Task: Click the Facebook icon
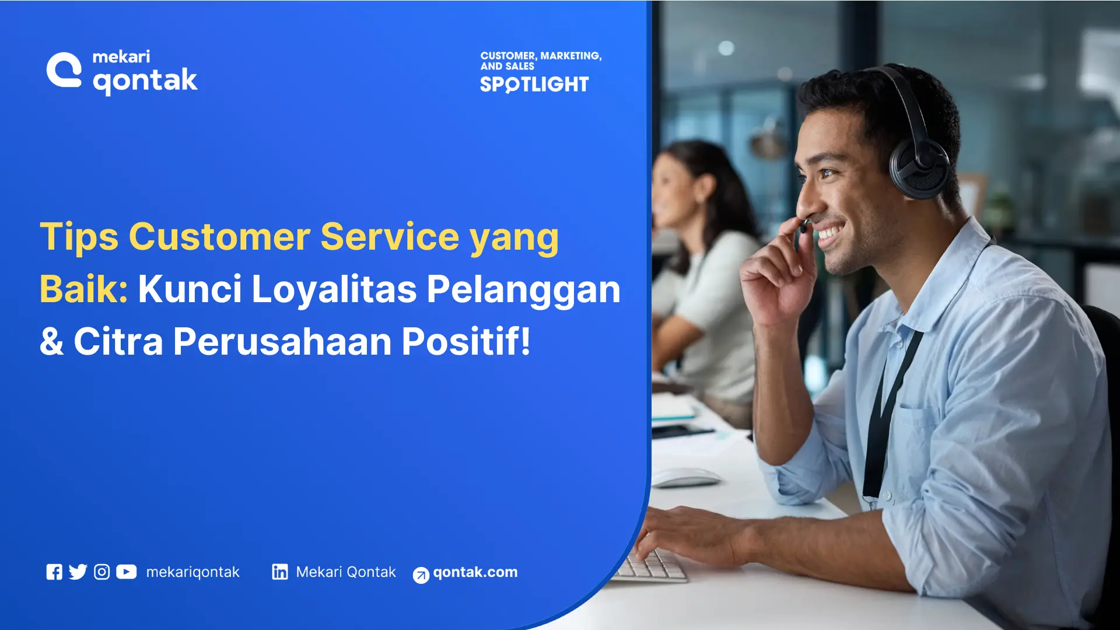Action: point(54,572)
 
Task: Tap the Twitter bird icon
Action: point(78,572)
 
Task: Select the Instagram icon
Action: point(102,572)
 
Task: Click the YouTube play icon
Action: point(127,572)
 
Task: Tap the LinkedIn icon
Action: point(280,572)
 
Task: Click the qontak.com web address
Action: point(475,573)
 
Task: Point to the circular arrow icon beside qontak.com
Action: point(421,575)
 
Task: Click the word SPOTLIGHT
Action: point(534,85)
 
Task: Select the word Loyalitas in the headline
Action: point(334,290)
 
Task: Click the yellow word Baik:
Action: point(84,289)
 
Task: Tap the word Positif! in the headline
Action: point(467,341)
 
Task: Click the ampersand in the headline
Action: point(52,342)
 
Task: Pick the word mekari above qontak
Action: point(121,57)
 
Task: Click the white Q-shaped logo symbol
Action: point(64,70)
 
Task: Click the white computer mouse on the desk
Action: point(686,477)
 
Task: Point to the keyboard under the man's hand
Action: point(650,564)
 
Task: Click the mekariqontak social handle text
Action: point(193,572)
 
